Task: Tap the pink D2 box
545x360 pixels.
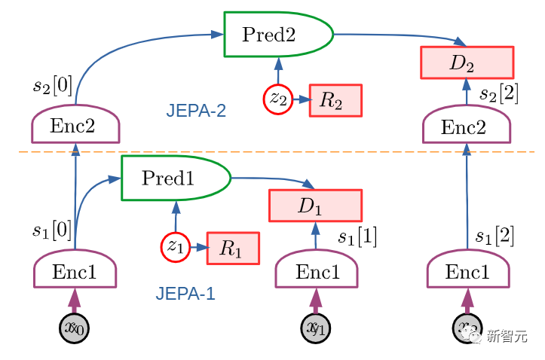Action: (x=467, y=63)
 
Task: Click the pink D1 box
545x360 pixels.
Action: (x=315, y=206)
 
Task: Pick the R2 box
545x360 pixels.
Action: (x=335, y=100)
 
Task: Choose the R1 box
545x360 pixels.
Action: (x=233, y=248)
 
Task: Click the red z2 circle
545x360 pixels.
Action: (x=277, y=99)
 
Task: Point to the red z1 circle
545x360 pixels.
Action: (x=174, y=246)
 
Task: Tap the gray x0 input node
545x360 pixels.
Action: (x=74, y=328)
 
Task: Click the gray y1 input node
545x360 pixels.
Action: (x=315, y=328)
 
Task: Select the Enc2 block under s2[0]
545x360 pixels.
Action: (x=75, y=124)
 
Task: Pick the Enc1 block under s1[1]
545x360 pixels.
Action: (x=315, y=270)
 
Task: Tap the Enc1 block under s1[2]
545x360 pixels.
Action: (x=467, y=270)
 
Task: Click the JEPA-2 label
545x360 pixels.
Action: (x=196, y=111)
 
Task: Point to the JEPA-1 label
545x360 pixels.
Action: (x=185, y=294)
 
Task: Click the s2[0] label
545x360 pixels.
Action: (x=53, y=85)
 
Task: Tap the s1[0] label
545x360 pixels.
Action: (x=52, y=230)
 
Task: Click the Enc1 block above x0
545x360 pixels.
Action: (x=75, y=270)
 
